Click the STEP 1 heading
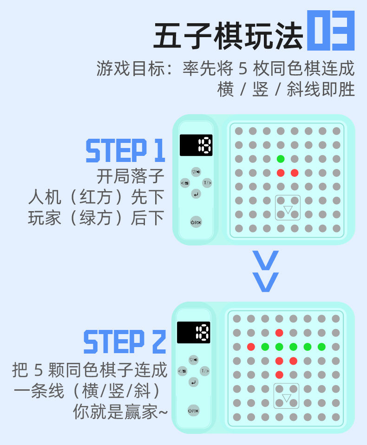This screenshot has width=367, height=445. [125, 151]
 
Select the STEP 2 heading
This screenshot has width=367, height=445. [125, 342]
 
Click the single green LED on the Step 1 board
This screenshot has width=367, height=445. [281, 159]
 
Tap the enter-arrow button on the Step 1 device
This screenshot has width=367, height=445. [196, 194]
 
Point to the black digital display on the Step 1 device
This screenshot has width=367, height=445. [196, 145]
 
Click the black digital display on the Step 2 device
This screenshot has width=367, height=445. [193, 332]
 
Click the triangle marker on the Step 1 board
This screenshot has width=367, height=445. [288, 210]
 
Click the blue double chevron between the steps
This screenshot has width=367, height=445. [265, 271]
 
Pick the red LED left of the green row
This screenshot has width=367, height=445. [251, 346]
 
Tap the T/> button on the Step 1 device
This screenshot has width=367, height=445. [207, 183]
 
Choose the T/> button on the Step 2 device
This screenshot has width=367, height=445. [204, 371]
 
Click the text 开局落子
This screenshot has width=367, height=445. [131, 176]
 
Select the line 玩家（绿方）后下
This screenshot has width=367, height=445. [96, 218]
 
